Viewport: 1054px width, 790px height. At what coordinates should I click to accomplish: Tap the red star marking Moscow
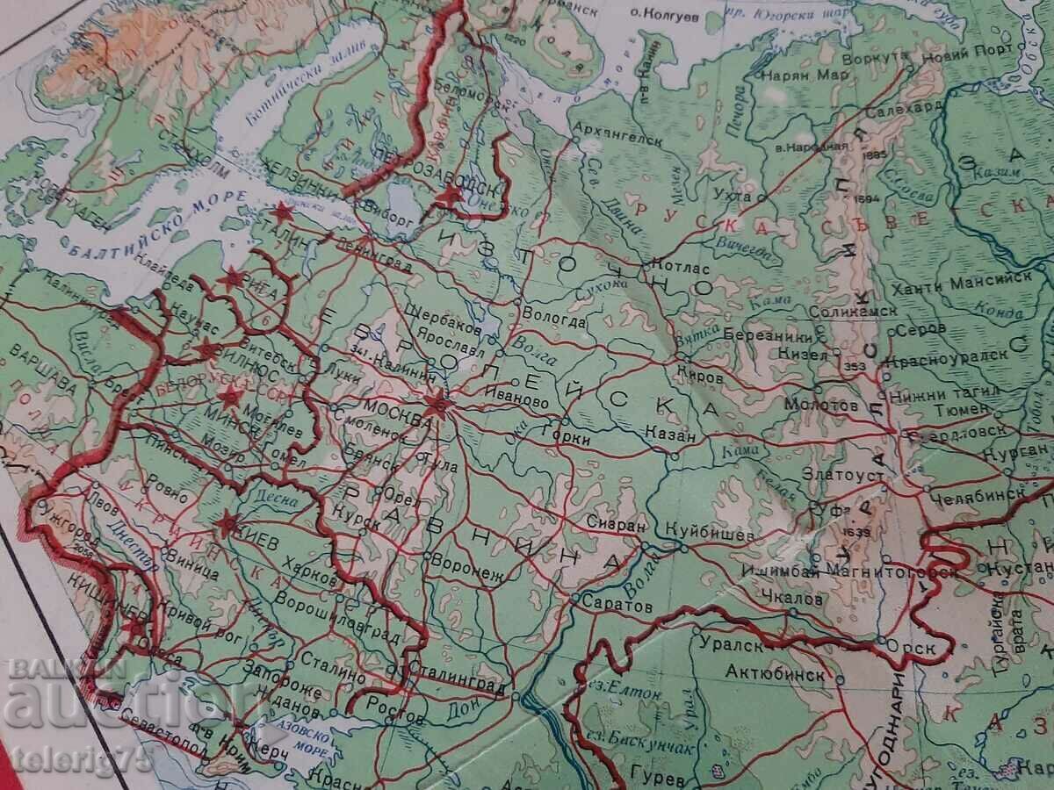click(436, 403)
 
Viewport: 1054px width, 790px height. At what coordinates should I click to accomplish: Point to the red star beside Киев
click(227, 524)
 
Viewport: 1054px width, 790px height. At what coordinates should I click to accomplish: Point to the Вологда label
click(554, 321)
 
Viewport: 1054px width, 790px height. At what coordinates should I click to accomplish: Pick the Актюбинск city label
click(776, 674)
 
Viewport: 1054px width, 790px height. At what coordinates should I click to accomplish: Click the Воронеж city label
click(470, 576)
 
